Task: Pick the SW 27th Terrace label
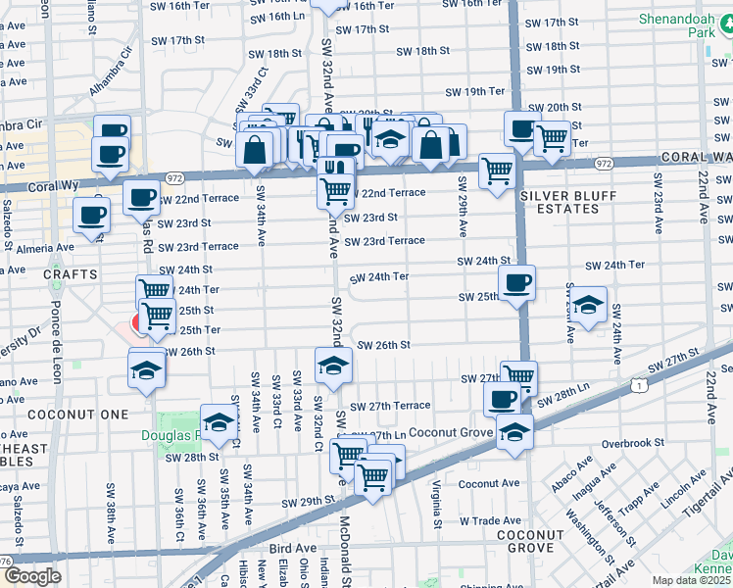(x=390, y=406)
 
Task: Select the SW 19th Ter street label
(x=474, y=91)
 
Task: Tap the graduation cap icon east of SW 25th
(x=588, y=304)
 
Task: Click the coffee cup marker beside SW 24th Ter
(x=516, y=283)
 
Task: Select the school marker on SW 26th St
(x=333, y=366)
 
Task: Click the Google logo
(x=32, y=576)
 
